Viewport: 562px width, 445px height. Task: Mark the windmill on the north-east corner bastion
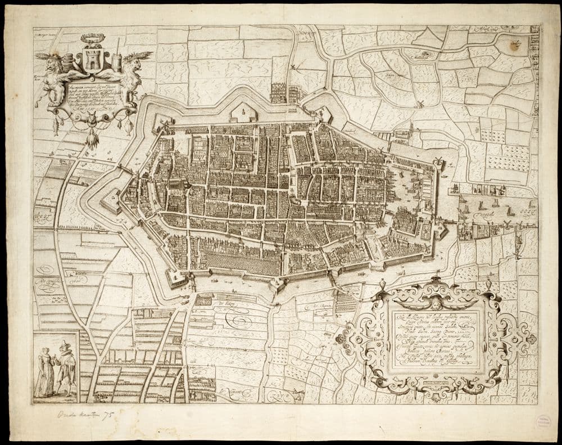coord(438,160)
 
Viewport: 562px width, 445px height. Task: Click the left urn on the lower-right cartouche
coord(383,284)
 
